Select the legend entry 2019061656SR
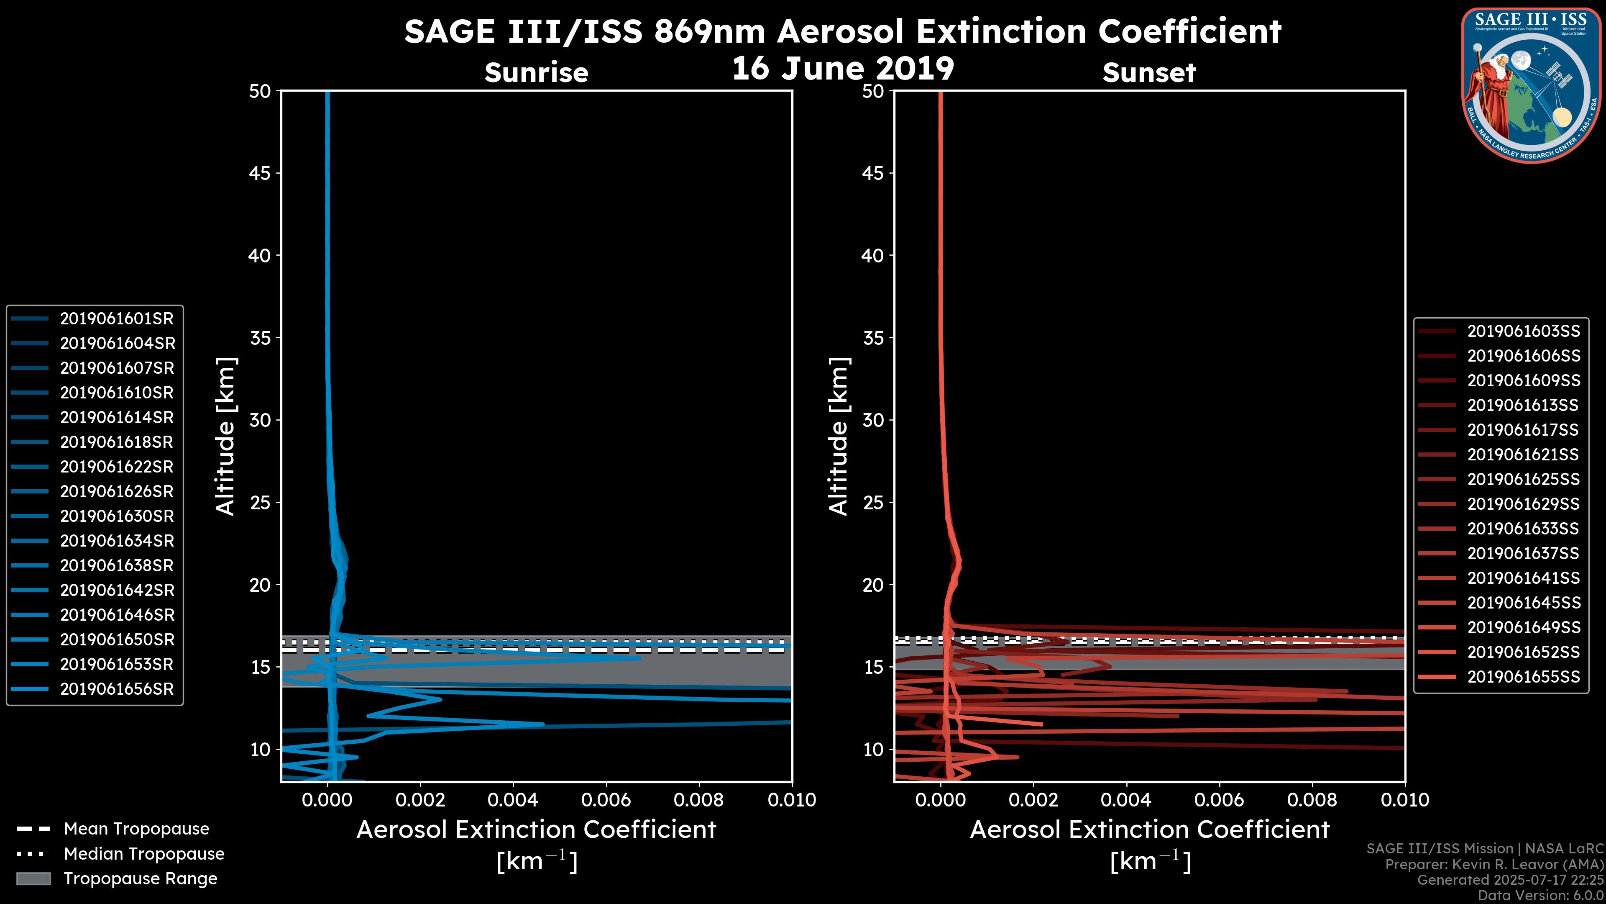click(117, 689)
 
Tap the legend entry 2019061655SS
click(1523, 677)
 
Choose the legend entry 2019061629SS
click(1523, 504)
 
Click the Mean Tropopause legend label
click(136, 829)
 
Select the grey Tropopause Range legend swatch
click(33, 878)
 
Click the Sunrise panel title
click(536, 73)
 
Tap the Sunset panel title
click(1149, 73)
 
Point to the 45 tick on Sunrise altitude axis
click(260, 173)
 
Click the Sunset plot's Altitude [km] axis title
click(839, 437)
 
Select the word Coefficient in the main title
click(1189, 31)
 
